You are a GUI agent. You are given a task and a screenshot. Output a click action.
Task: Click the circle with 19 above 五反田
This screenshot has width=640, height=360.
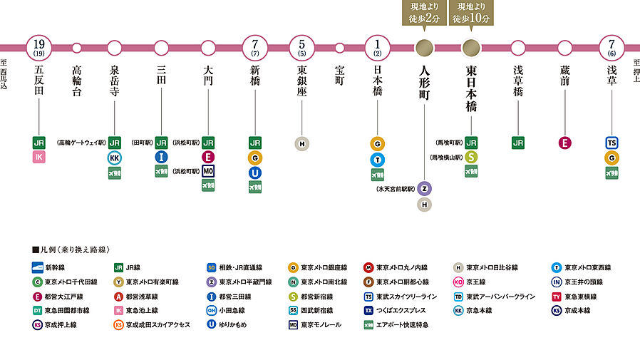tap(39, 48)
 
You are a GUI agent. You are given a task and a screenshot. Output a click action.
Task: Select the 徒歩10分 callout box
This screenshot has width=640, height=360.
tap(471, 14)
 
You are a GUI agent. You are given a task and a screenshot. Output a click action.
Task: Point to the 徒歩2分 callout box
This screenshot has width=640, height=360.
tap(424, 14)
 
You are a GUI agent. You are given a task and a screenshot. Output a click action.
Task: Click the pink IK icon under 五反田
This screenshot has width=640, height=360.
tap(39, 157)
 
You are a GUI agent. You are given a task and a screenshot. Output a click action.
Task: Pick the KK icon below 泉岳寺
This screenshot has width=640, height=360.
tap(115, 158)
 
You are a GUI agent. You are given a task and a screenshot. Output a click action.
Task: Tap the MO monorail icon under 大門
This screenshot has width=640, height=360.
tap(208, 171)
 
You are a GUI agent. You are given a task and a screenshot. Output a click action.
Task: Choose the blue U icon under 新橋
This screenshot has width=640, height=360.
tap(255, 172)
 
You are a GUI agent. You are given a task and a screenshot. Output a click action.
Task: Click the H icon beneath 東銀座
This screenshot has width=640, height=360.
tap(302, 143)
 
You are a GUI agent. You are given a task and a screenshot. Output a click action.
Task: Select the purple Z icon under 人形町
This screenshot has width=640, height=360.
tap(424, 189)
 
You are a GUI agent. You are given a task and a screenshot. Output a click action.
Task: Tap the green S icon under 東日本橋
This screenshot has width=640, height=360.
tap(471, 157)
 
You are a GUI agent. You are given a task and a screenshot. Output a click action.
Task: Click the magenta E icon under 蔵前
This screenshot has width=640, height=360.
tap(564, 143)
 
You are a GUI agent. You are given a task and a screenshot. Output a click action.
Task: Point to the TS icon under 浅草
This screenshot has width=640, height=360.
tap(611, 143)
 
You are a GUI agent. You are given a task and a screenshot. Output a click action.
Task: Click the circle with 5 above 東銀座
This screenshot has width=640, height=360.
tap(302, 48)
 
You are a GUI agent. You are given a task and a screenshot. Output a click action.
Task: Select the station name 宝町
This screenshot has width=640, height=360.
tap(339, 76)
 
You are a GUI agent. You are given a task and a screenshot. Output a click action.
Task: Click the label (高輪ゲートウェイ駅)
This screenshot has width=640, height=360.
tap(81, 143)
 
